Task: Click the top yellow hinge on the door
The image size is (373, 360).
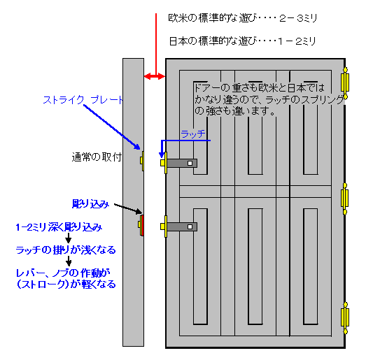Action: [x=345, y=83]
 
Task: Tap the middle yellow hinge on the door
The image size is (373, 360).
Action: [x=345, y=199]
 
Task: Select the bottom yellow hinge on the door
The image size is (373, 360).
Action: [x=345, y=318]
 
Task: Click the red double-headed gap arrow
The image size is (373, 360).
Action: [x=155, y=76]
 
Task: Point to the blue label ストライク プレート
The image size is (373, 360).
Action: [x=83, y=100]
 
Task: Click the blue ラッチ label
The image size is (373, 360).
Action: [x=193, y=134]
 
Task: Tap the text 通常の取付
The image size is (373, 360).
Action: [x=97, y=157]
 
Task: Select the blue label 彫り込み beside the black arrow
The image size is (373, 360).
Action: [x=90, y=204]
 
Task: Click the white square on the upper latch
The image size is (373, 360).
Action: [x=190, y=164]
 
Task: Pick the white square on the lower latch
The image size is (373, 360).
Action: [x=190, y=227]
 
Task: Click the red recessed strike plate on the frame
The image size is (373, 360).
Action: [x=142, y=225]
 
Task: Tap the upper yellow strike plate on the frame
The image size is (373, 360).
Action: [x=142, y=161]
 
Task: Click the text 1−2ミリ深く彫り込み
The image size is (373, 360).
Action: [x=59, y=227]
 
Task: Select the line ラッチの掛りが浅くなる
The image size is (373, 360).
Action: [x=66, y=250]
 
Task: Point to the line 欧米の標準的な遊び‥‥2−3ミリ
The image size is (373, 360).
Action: [x=243, y=18]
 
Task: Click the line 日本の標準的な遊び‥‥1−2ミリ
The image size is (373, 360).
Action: [x=243, y=41]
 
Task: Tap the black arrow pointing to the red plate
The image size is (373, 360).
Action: [x=128, y=208]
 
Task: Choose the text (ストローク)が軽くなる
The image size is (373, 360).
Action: [x=66, y=285]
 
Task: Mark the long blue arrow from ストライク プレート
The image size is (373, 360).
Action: [x=112, y=127]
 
